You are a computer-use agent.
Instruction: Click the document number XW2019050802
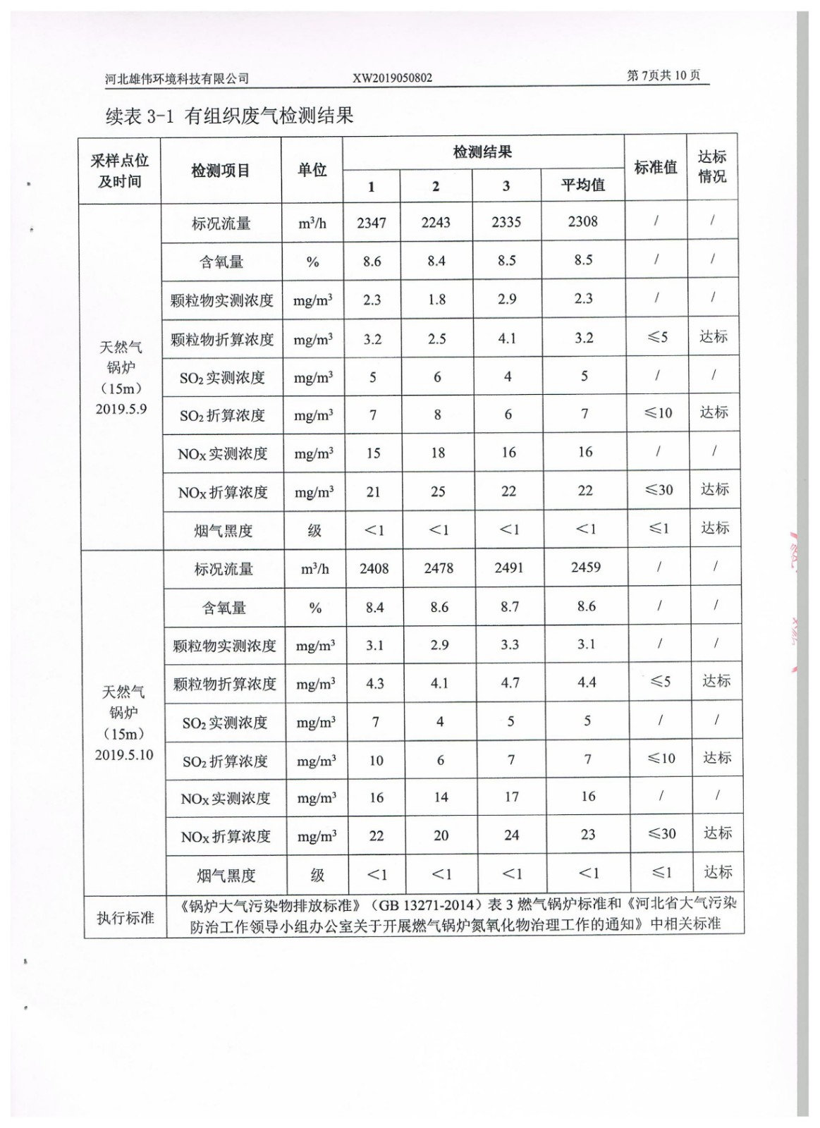pos(392,78)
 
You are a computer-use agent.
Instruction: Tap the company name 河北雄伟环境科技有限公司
pos(177,79)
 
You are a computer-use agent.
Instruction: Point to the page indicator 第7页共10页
pos(663,76)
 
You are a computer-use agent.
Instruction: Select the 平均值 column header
pos(583,185)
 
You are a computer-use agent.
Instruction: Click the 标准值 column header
pos(656,168)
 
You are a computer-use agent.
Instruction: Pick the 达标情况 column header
pos(712,167)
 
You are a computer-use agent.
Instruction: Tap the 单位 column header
pos(312,170)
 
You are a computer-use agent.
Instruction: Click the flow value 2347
pos(372,223)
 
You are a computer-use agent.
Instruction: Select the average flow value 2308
pos(583,221)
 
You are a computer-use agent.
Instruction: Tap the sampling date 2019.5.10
pos(124,754)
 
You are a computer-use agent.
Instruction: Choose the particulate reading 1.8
pos(436,300)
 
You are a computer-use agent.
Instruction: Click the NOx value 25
pos(438,491)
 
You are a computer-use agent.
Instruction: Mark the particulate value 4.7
pos(510,683)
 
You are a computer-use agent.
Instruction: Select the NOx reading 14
pos(441,797)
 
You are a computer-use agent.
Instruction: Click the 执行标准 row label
pos(126,917)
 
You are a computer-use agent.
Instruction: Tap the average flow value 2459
pos(586,567)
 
